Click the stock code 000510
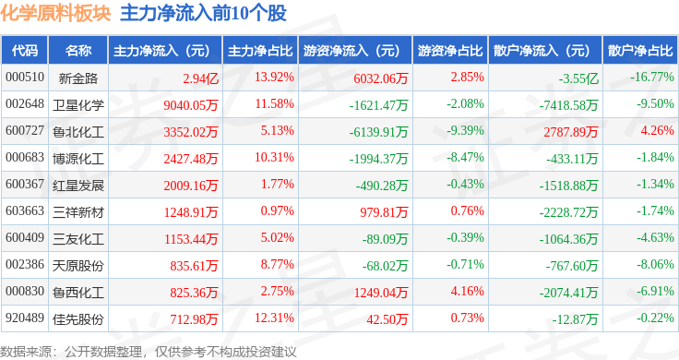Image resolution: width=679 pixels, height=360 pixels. [x=25, y=78]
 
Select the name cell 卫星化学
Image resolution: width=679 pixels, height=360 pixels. [x=78, y=104]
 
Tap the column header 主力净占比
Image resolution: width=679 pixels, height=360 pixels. [x=260, y=51]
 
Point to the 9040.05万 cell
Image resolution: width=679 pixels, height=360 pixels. [x=191, y=105]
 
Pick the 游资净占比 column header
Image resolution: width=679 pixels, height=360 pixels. [x=450, y=51]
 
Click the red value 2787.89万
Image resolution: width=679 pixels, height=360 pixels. [x=571, y=132]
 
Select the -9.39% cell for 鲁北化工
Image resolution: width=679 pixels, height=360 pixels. [x=465, y=130]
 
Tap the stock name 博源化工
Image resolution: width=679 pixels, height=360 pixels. [x=78, y=158]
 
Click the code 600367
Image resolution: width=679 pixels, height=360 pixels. [x=25, y=184]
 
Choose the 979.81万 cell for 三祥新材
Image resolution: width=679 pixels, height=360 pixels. [x=384, y=211]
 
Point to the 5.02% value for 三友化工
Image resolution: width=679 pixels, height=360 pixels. [x=277, y=237]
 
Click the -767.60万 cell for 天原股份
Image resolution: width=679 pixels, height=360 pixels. [x=572, y=266]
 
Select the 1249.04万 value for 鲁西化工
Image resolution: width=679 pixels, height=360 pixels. [x=381, y=293]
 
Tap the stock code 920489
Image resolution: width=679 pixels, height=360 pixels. [x=25, y=318]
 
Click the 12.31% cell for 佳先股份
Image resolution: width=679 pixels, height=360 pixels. [x=274, y=318]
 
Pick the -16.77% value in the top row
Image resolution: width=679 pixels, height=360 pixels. [x=651, y=78]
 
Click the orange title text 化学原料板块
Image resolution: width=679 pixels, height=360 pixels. [x=55, y=14]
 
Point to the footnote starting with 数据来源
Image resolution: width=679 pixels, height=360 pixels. [x=149, y=352]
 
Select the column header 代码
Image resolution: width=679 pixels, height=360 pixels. [x=25, y=51]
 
